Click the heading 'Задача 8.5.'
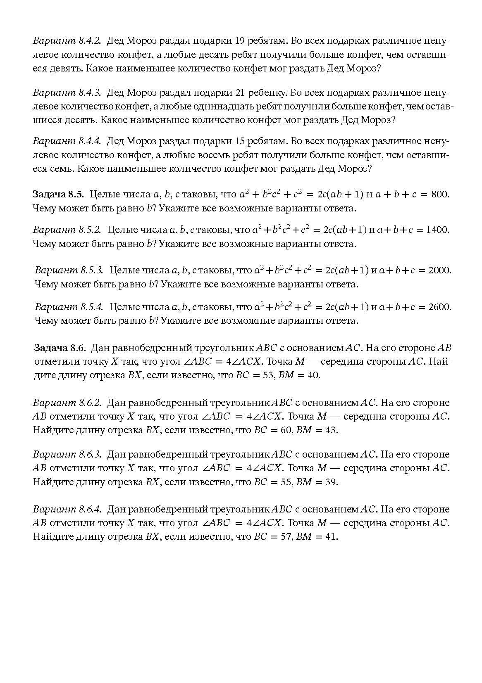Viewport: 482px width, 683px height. point(58,194)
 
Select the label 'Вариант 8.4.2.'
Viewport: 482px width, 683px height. point(67,41)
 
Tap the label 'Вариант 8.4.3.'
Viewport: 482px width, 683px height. point(67,93)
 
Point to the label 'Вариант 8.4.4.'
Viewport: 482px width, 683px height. point(67,141)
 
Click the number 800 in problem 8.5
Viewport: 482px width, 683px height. point(440,194)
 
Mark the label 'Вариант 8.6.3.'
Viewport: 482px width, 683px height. point(67,455)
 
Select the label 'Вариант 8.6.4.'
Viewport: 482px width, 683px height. point(67,510)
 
